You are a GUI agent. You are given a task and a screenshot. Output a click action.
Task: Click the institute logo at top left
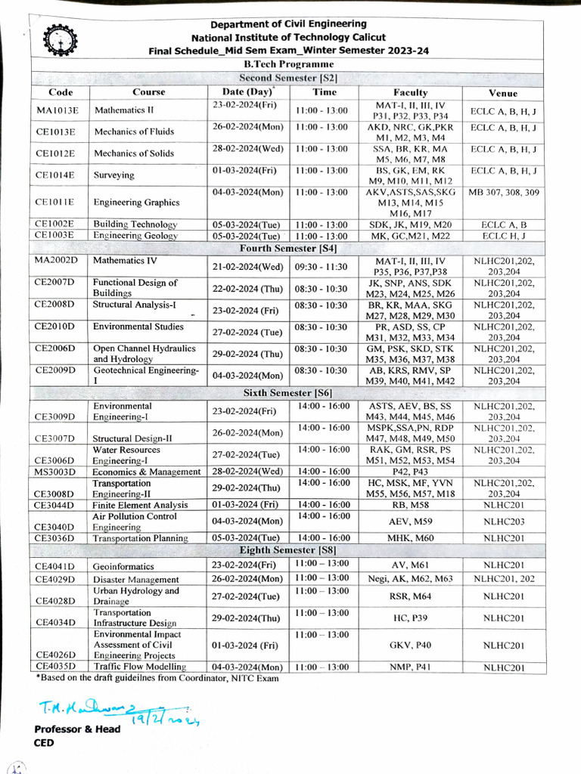pos(56,38)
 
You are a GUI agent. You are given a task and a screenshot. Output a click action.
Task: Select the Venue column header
pos(503,93)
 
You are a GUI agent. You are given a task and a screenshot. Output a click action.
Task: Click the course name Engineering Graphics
pos(136,203)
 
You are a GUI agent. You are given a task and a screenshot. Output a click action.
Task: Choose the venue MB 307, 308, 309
pos(504,193)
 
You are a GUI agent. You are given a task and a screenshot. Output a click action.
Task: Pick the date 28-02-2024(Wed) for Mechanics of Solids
pos(248,149)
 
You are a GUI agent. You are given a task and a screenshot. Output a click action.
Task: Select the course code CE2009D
pos(55,370)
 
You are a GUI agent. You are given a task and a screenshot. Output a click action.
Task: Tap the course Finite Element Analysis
pos(140,505)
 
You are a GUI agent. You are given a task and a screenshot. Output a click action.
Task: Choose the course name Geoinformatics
pos(123,566)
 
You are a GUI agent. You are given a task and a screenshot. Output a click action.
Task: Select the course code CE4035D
pos(55,667)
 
